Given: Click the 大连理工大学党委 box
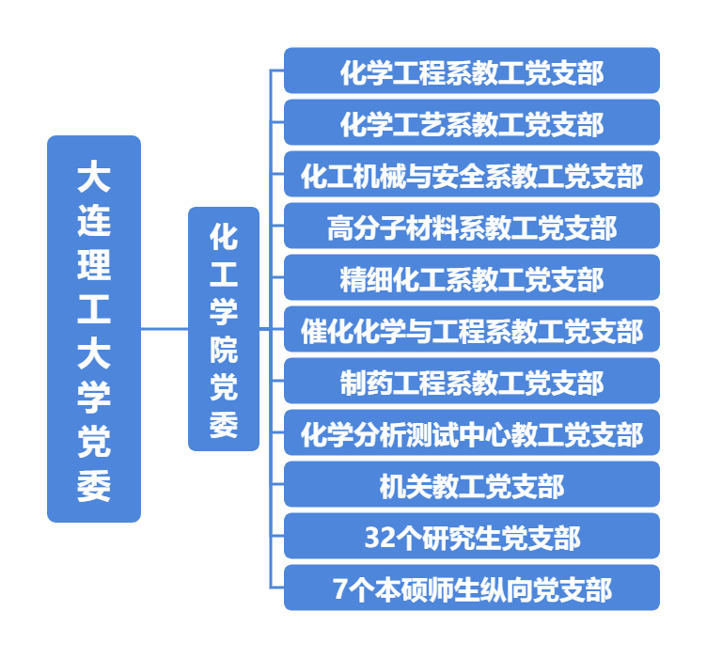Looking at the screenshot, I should [x=94, y=329].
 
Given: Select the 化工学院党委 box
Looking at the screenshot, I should [x=224, y=329].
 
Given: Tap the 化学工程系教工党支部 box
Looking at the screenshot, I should [x=472, y=71].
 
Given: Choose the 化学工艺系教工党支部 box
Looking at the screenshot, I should [x=472, y=123].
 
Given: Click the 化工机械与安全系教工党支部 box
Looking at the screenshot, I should [x=472, y=175].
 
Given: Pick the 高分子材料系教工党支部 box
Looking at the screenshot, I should [x=472, y=227].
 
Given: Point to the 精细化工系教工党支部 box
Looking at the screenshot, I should [x=472, y=278].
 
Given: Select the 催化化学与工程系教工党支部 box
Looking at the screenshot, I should [x=472, y=330].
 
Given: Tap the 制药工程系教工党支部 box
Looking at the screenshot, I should [x=472, y=382].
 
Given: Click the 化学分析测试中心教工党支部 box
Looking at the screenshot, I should [x=472, y=433].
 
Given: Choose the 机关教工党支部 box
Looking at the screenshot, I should [x=472, y=485].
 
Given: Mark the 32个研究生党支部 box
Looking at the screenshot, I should [x=472, y=537].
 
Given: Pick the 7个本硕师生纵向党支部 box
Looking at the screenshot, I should [x=472, y=588].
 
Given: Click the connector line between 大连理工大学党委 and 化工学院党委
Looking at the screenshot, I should [x=165, y=329].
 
